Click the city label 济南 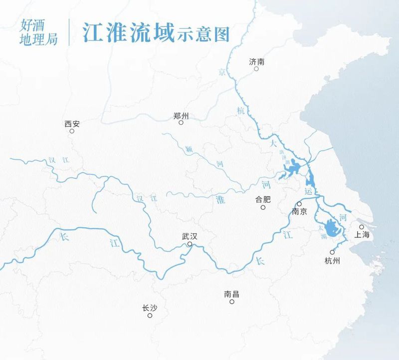(256, 61)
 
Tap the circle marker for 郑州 (181, 122)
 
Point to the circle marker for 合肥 (263, 207)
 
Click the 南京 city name (299, 212)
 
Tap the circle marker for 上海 (362, 227)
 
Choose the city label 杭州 (332, 260)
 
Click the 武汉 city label (190, 237)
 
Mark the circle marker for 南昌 (232, 302)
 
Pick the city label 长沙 (150, 308)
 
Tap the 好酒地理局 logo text (39, 32)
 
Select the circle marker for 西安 (72, 131)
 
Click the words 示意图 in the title (202, 33)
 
